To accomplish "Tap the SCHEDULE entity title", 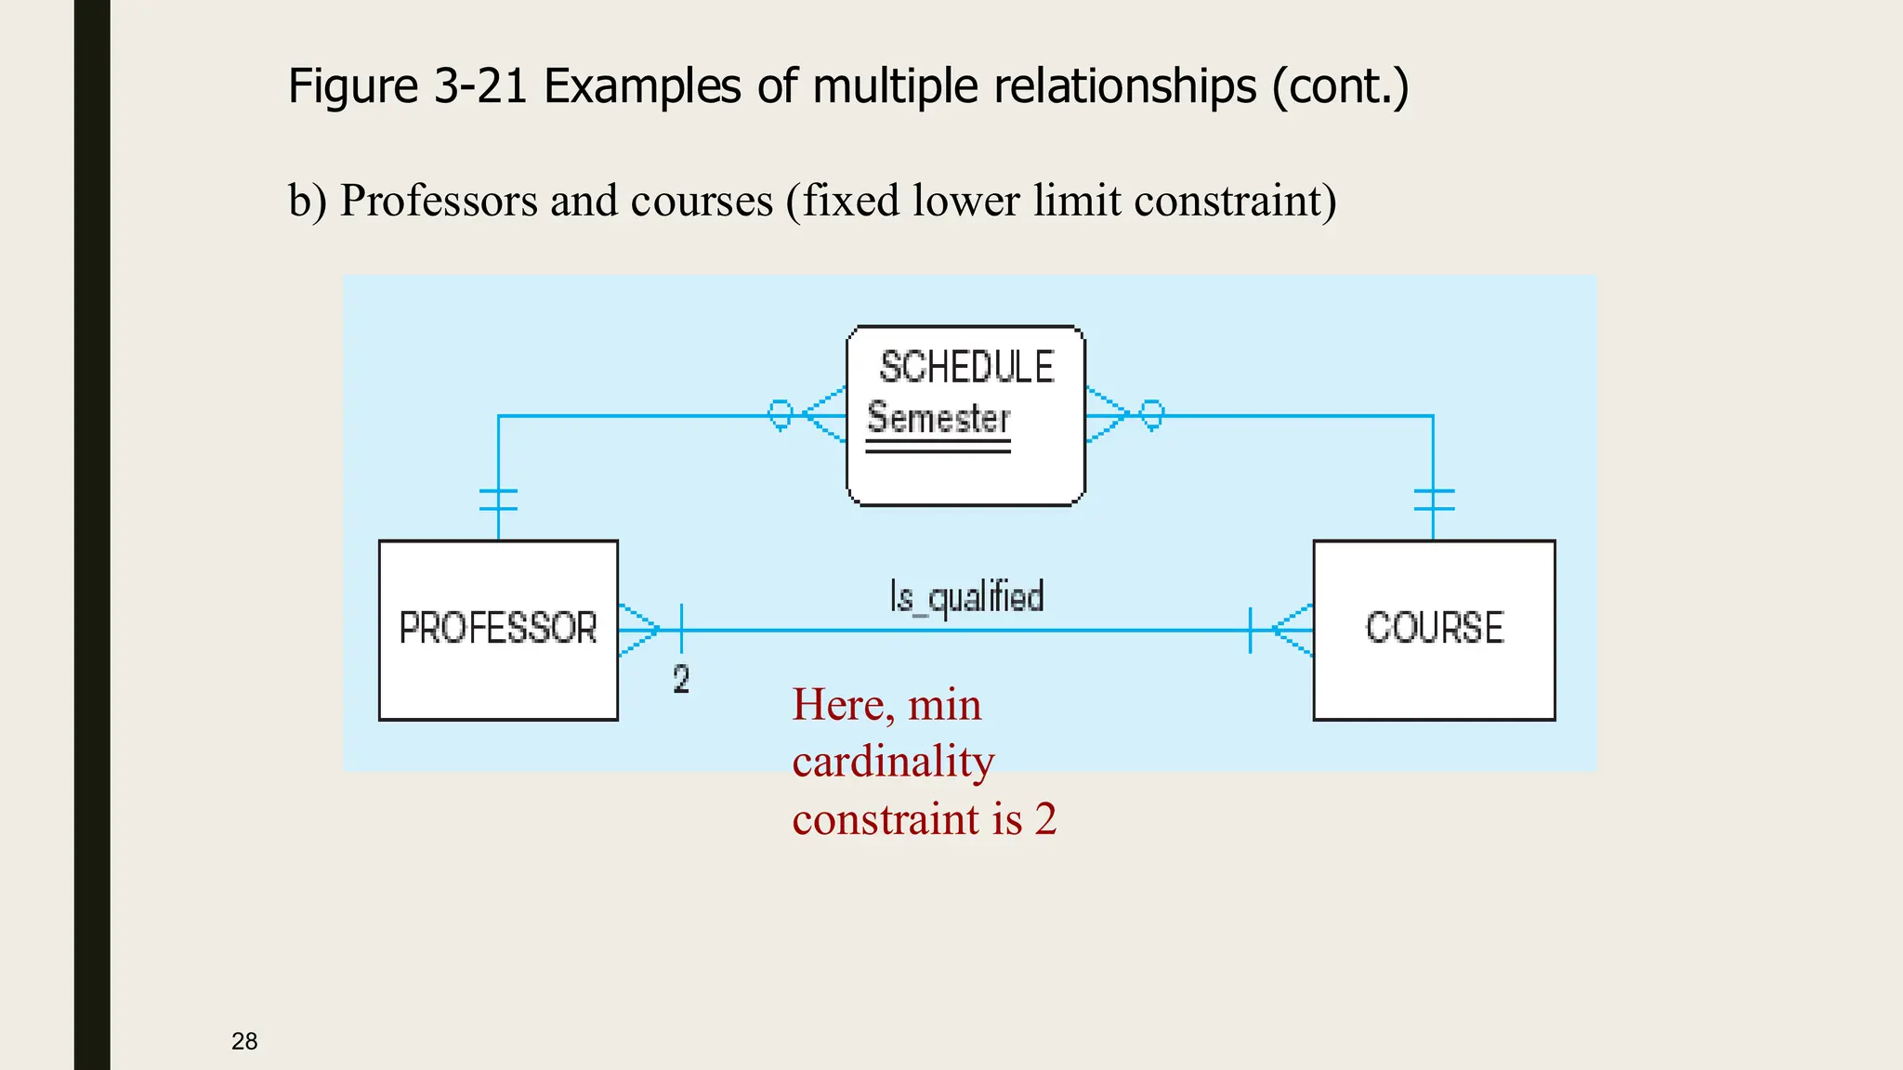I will [x=966, y=368].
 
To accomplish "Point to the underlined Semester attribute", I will [x=938, y=420].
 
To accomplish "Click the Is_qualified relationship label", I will [x=966, y=597].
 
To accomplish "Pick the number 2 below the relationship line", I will [x=681, y=680].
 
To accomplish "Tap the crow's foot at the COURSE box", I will [x=1293, y=630].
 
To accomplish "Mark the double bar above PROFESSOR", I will [x=498, y=500].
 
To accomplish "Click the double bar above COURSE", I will [x=1434, y=500].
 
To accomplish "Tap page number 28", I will [x=244, y=1041].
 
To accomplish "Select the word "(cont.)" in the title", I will [x=1340, y=86].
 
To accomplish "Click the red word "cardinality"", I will [x=893, y=762].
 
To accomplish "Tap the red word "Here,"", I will [x=843, y=705].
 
